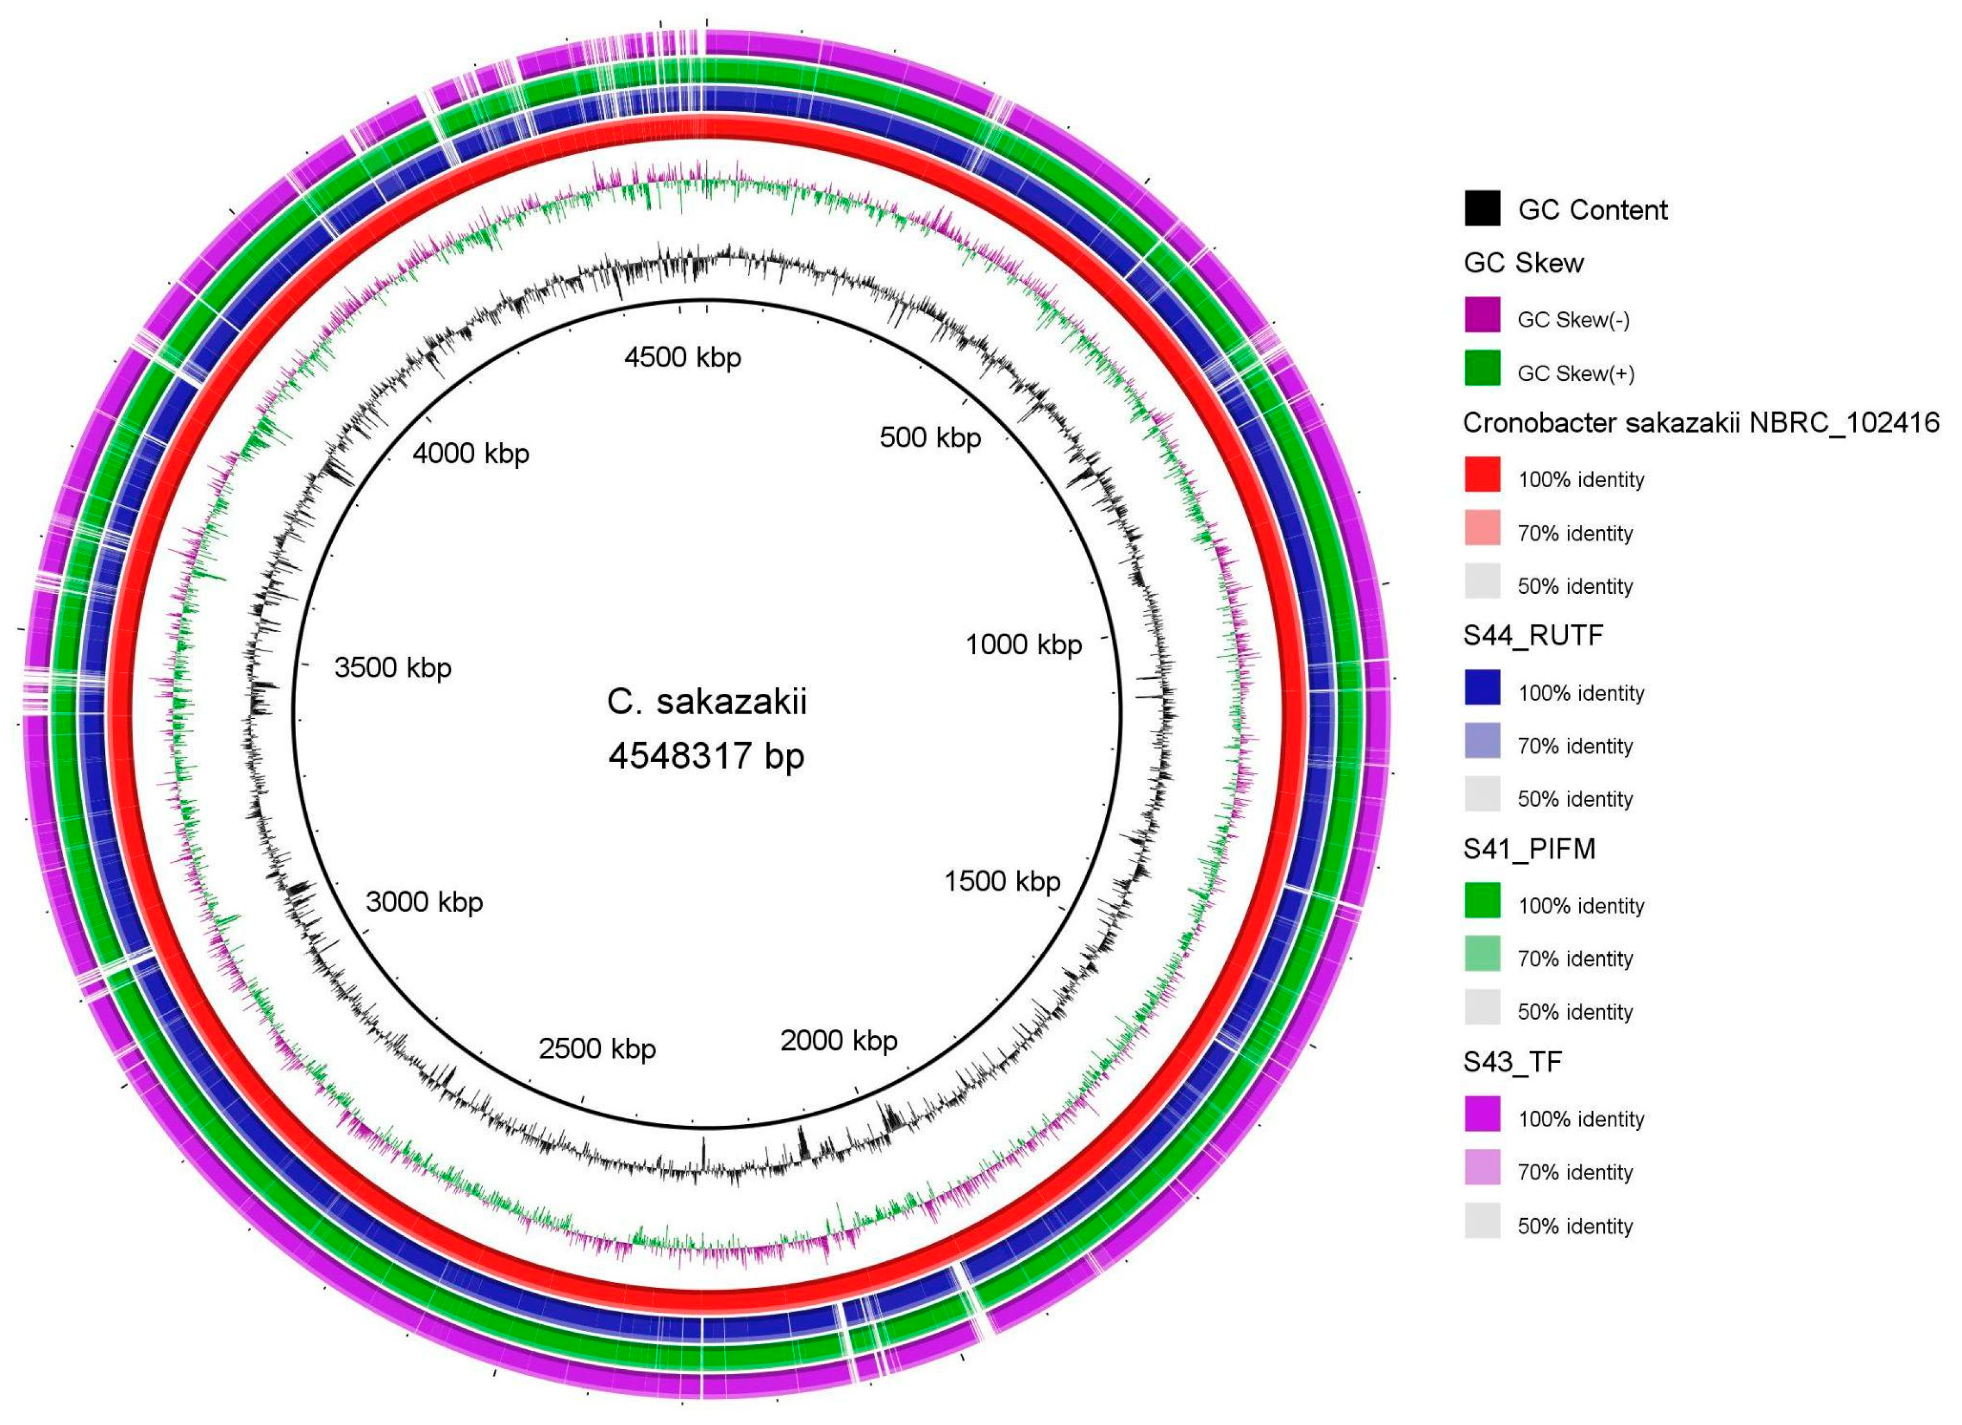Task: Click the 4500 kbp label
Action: (x=682, y=357)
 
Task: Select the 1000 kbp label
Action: (x=1023, y=645)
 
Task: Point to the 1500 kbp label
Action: (x=1002, y=881)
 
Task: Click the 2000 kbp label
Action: (x=838, y=1041)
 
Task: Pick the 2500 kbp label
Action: (x=597, y=1049)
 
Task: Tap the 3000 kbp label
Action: (x=424, y=903)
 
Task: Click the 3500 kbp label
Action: (x=393, y=668)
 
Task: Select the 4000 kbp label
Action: (x=471, y=453)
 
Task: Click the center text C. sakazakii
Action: (x=706, y=702)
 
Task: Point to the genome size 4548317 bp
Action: (x=706, y=756)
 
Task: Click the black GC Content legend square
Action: (x=1482, y=209)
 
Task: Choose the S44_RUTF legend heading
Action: (x=1533, y=636)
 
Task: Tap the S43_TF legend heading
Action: (x=1512, y=1062)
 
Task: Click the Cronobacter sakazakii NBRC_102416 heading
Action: (x=1701, y=423)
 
